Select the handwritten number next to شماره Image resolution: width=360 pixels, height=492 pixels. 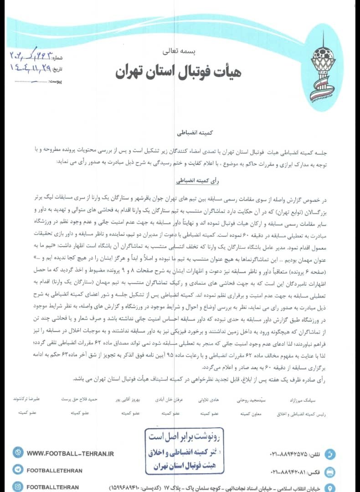tap(30, 57)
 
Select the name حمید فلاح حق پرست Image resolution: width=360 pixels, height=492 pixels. tap(80, 399)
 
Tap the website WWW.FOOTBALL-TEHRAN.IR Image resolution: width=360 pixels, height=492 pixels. tap(70, 454)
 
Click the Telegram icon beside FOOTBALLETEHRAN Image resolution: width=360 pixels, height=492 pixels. tap(18, 470)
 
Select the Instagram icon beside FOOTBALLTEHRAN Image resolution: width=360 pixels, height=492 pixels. tap(18, 487)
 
